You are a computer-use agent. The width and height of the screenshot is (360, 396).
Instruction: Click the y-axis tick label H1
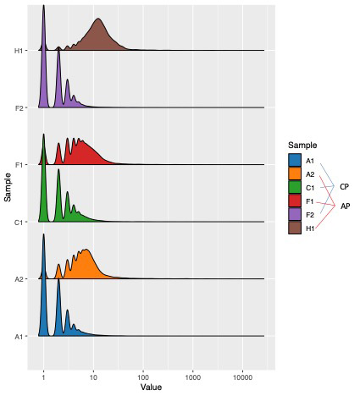[x=19, y=51]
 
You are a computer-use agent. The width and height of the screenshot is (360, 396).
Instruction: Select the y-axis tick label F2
[x=19, y=108]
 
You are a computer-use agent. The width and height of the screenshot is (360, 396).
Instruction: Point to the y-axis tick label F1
[x=19, y=165]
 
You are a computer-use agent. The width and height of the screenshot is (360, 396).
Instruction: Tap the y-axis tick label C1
[x=19, y=223]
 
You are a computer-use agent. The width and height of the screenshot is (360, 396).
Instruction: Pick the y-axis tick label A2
[x=19, y=279]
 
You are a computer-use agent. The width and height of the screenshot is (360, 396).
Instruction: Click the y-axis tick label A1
[x=19, y=337]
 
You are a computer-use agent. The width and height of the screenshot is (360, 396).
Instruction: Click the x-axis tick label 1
[x=43, y=375]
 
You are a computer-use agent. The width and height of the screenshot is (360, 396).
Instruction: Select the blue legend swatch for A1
[x=295, y=161]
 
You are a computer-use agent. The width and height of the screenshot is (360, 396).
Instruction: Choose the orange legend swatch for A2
[x=295, y=173]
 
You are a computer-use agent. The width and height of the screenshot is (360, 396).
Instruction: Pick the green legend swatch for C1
[x=295, y=187]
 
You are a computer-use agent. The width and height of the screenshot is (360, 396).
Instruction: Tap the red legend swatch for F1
[x=295, y=201]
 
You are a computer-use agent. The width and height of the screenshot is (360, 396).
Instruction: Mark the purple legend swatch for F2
[x=295, y=214]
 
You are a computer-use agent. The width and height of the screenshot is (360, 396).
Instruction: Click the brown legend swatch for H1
[x=295, y=228]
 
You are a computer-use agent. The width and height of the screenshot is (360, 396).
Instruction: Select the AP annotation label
[x=345, y=206]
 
